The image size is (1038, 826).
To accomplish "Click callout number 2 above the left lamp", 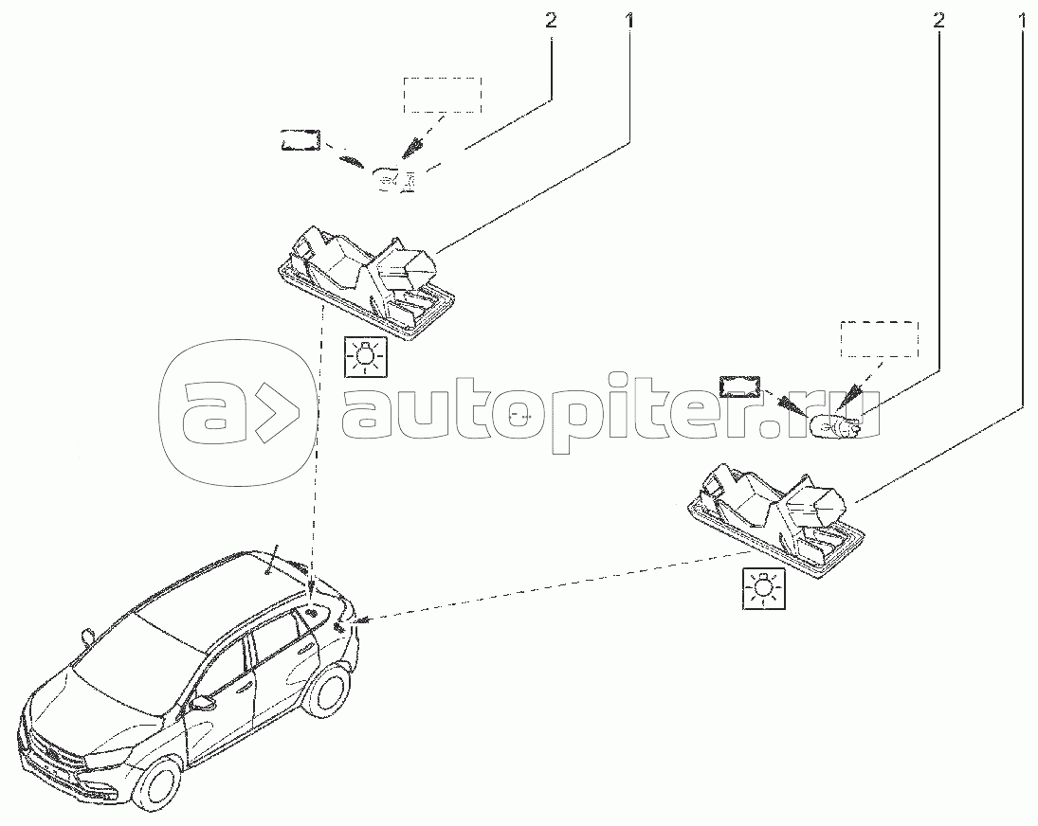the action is coord(550,21).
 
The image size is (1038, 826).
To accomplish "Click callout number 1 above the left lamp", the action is coord(629,21).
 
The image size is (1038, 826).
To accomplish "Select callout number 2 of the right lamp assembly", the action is coord(938,21).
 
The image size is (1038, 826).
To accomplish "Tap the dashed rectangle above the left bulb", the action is coord(443,95).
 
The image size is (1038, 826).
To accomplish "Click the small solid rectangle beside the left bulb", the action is coord(300,140).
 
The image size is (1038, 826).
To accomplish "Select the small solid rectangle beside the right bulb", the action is coord(740,386).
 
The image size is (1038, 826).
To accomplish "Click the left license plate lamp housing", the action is coord(366,284).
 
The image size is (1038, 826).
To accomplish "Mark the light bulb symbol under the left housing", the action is coord(365,357).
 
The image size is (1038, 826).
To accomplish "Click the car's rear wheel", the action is coord(328,698).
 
